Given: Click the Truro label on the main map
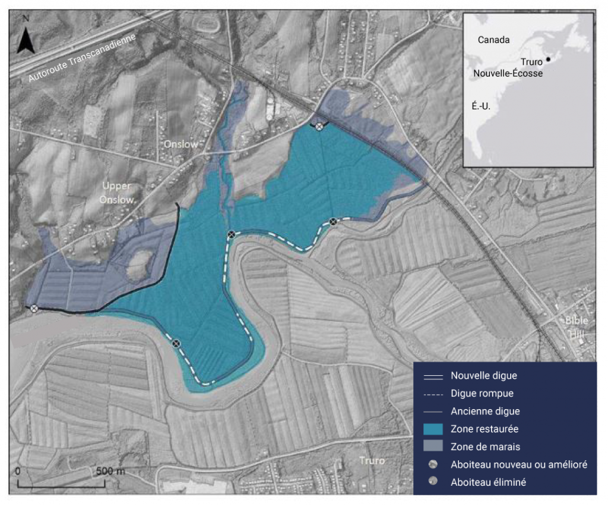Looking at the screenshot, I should coord(372,460).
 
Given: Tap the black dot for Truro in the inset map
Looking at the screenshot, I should coord(549,59).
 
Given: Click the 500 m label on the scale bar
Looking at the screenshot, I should coord(110,470).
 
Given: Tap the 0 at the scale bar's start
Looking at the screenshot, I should coord(18,470).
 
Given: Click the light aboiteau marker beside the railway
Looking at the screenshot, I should coord(319,126).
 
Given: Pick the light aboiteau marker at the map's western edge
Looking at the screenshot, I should coord(34,308).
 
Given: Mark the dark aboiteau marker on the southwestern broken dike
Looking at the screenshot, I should coord(176,343).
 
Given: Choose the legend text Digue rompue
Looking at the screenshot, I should coord(482,393).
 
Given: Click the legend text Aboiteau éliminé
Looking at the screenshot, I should coord(488,482).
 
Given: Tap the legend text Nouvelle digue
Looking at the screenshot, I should coord(483,375).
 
